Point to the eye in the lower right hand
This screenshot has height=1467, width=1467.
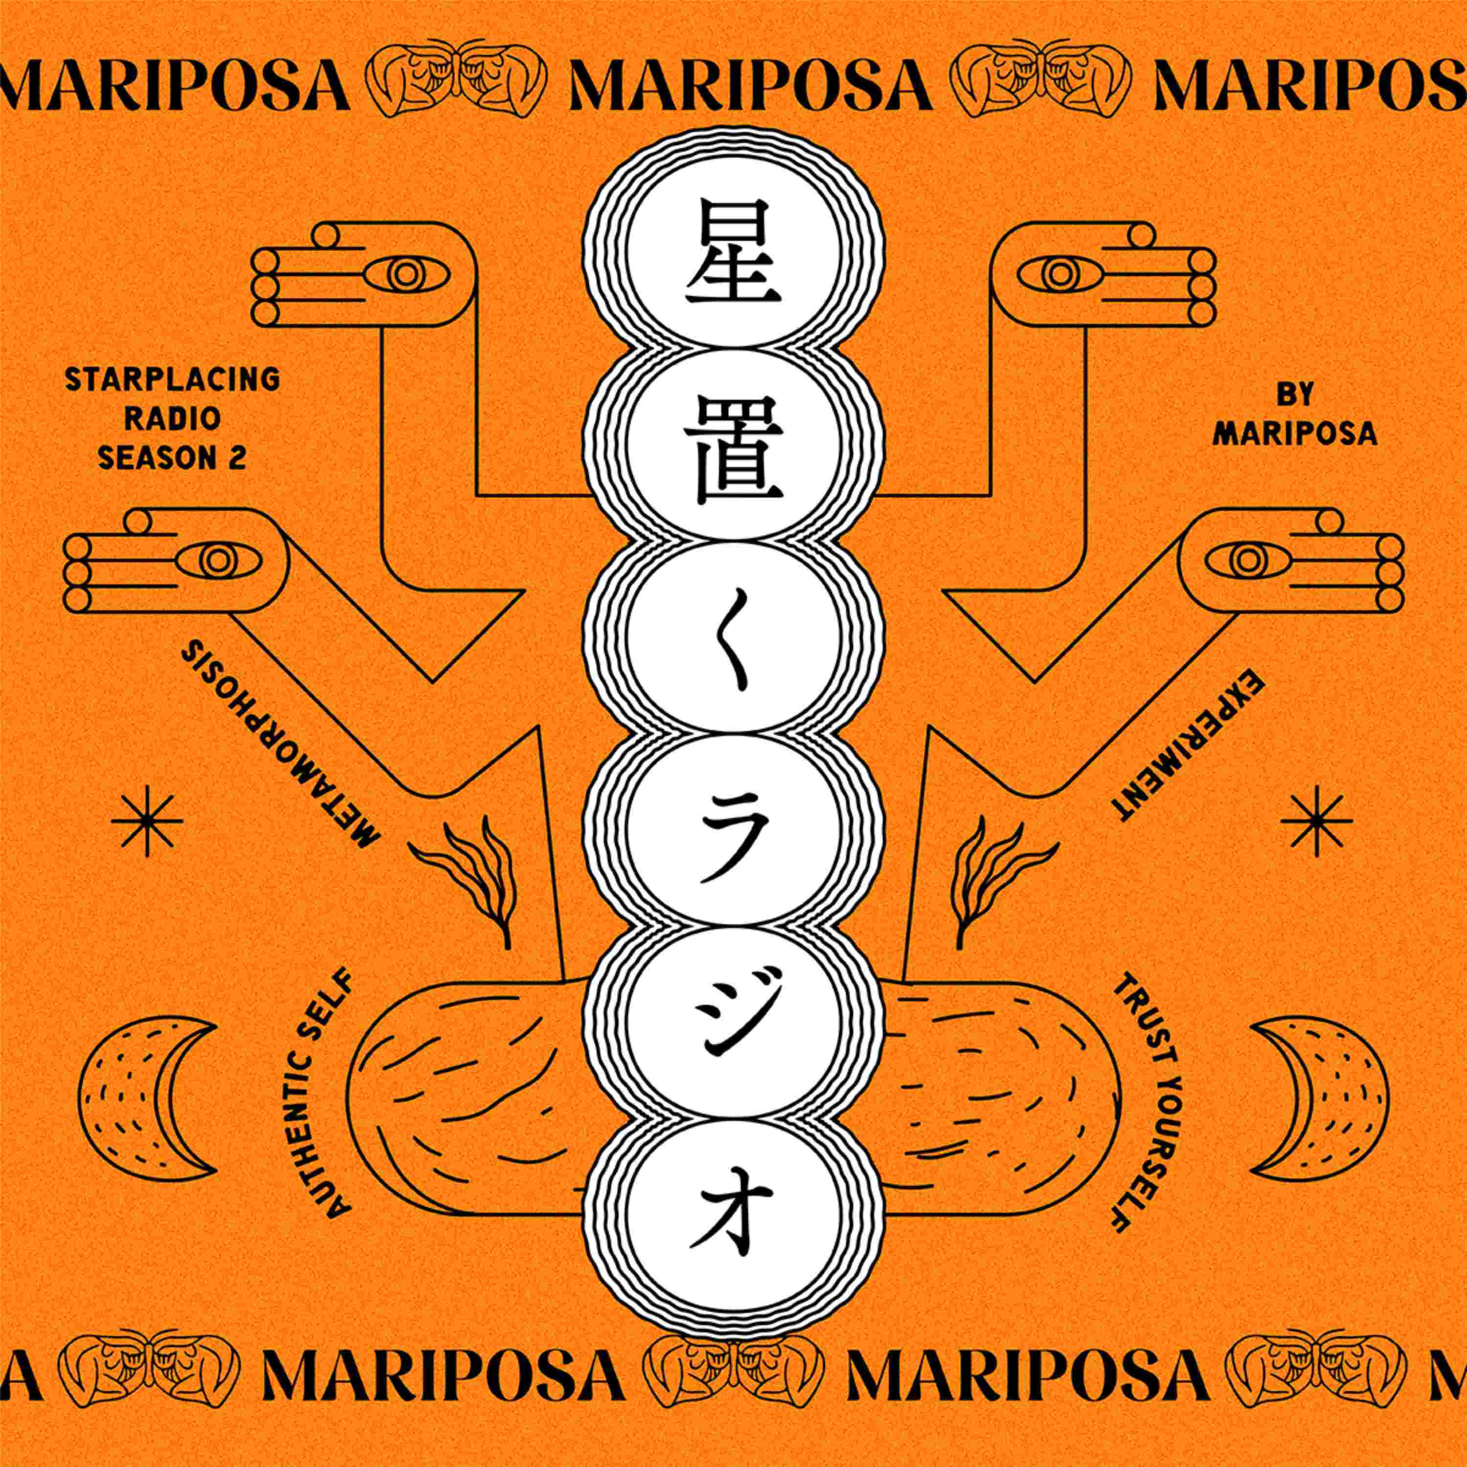click(x=1246, y=562)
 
